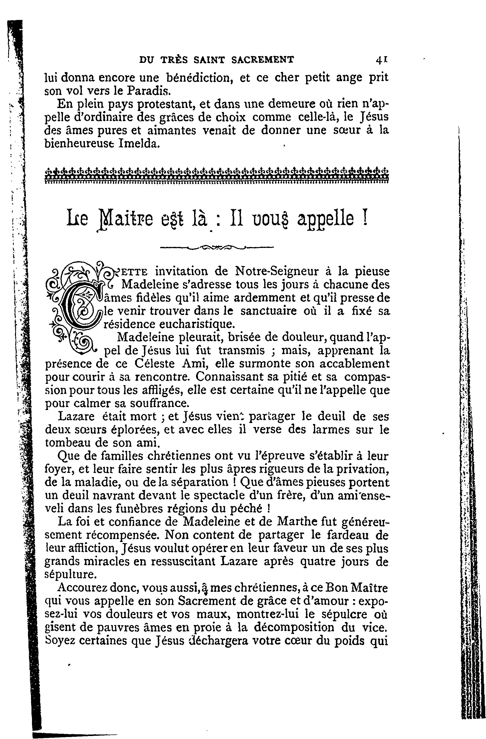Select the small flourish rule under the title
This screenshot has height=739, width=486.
[x=217, y=247]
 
